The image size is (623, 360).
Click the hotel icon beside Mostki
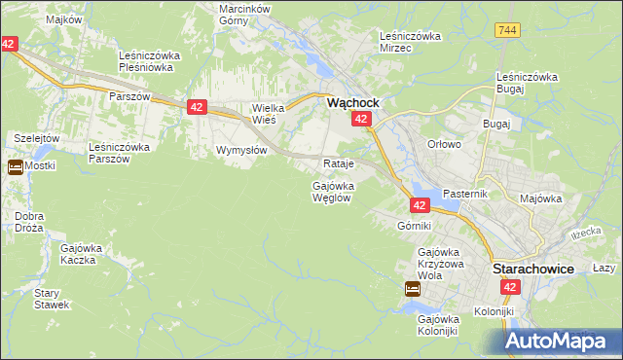(x=16, y=166)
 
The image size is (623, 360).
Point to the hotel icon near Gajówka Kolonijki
(x=413, y=289)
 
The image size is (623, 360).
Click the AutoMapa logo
(x=562, y=341)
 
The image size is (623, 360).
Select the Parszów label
(x=129, y=97)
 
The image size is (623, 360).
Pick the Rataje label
(x=337, y=163)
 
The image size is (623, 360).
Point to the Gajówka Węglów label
(x=332, y=191)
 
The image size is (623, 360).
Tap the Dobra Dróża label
(x=29, y=222)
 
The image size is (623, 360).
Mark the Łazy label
(x=604, y=268)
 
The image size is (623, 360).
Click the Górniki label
(x=414, y=226)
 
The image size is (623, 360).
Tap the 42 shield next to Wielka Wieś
(x=197, y=107)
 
